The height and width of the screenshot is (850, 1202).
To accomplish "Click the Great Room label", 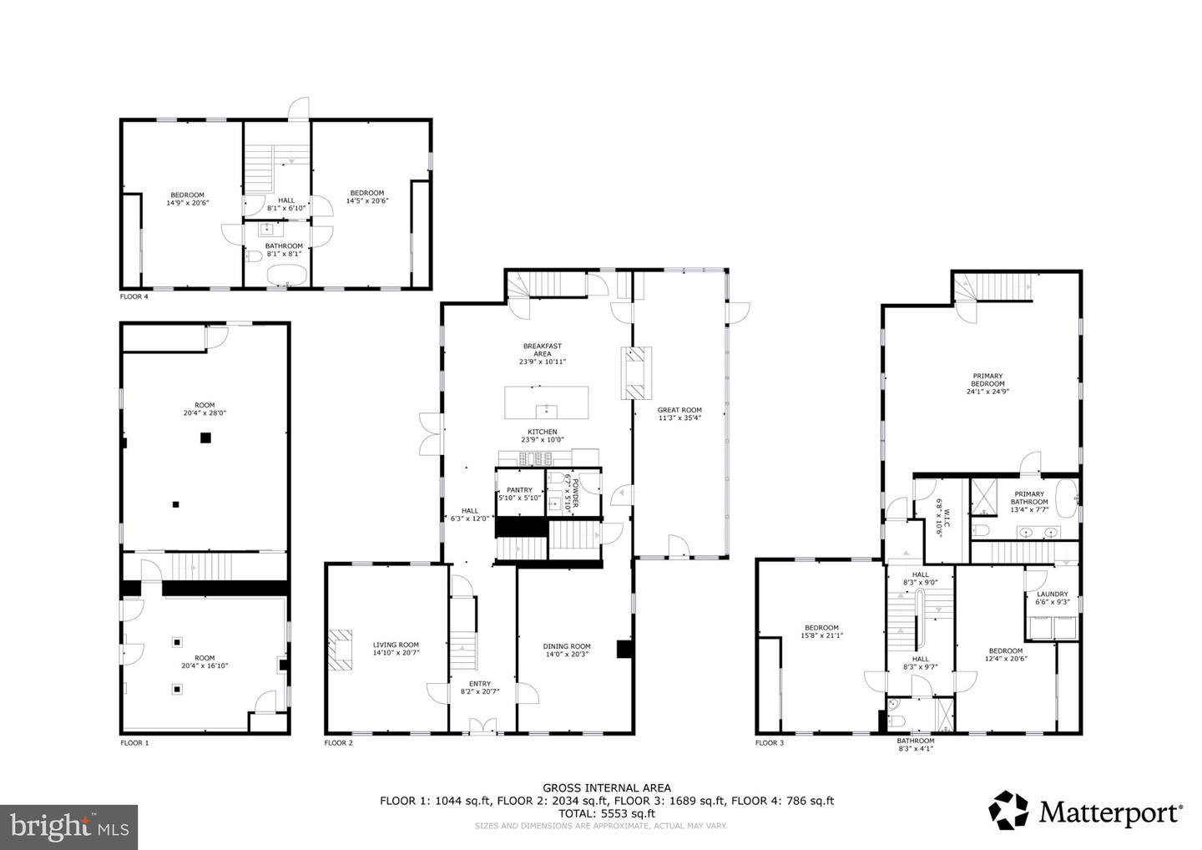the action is (x=679, y=414).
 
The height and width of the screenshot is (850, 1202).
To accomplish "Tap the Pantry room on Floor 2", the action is (x=519, y=493).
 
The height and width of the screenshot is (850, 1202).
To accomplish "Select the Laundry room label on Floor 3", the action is (x=1053, y=598).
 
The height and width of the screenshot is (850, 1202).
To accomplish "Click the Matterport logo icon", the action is (x=1009, y=810).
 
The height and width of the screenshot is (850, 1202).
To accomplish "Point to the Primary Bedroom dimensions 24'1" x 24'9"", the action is (x=987, y=392).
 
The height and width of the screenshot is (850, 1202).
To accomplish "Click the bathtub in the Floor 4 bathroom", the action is (x=287, y=275).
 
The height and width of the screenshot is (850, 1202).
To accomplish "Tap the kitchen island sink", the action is (x=546, y=412).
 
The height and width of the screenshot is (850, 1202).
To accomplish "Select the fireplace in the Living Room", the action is (x=341, y=650).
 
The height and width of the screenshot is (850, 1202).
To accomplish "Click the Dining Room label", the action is (x=567, y=650).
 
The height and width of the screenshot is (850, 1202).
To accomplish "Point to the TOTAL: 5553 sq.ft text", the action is (x=606, y=813).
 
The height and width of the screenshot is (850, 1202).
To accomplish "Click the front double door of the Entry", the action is (x=482, y=726).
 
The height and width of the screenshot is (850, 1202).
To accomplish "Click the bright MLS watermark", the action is (x=68, y=827).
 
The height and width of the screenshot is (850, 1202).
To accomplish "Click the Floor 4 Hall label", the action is (x=286, y=204).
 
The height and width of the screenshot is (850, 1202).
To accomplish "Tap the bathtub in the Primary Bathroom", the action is (x=1067, y=498).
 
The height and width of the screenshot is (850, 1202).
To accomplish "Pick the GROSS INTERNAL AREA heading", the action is (x=606, y=787).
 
